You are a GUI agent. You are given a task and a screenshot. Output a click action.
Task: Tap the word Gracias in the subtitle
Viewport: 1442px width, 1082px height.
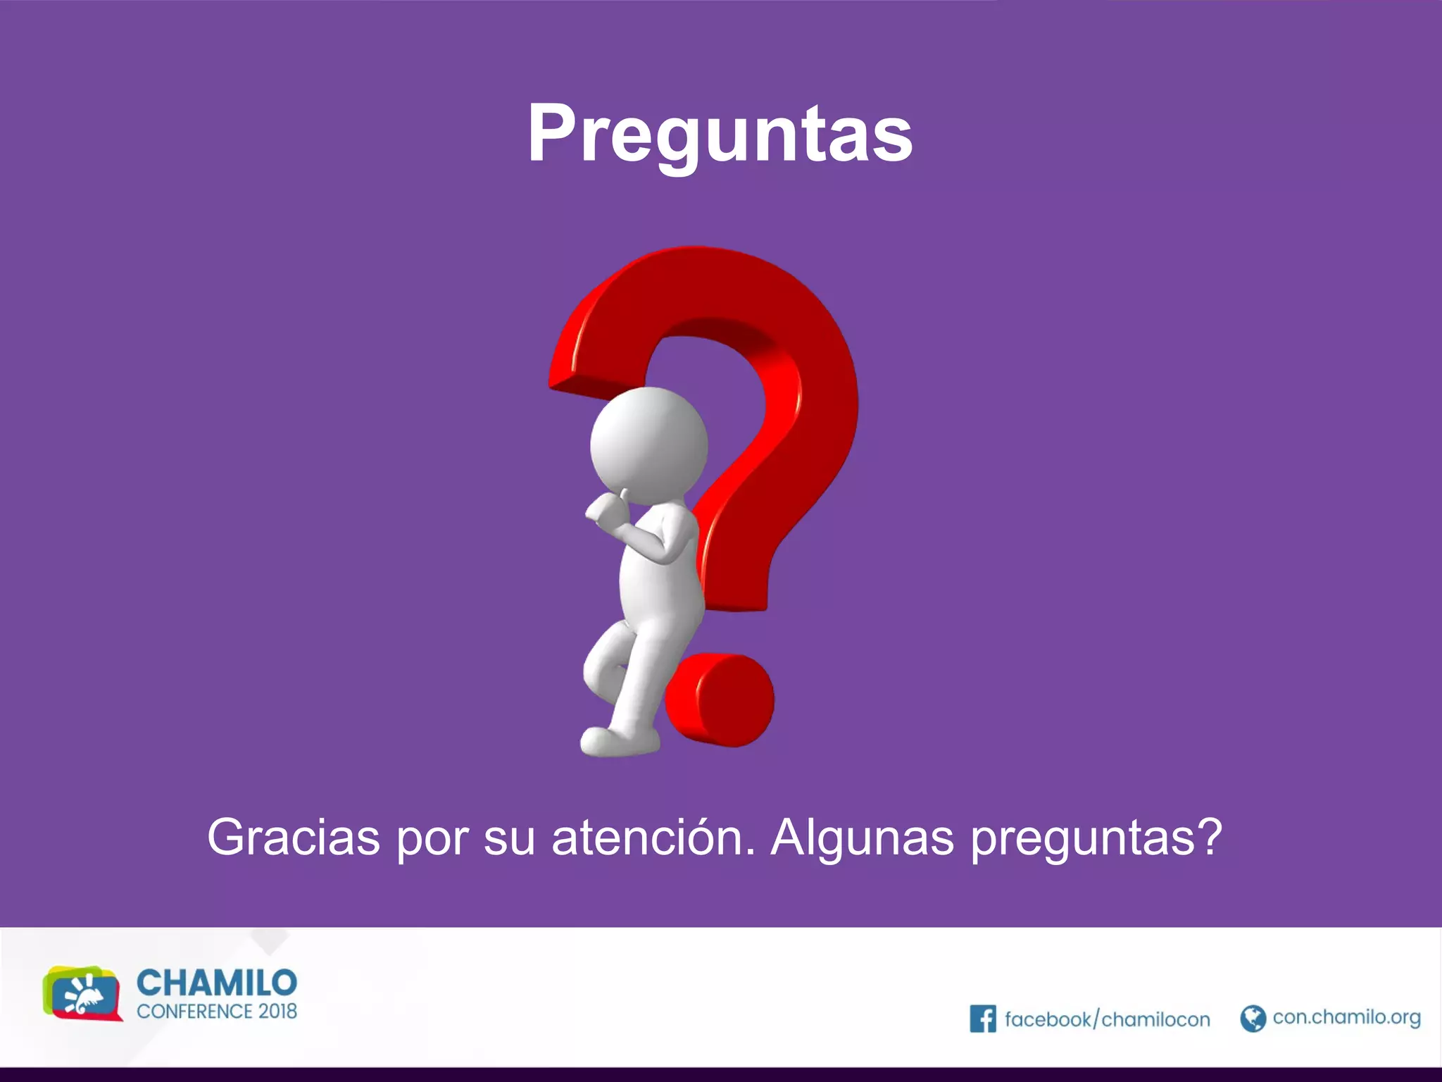pos(293,838)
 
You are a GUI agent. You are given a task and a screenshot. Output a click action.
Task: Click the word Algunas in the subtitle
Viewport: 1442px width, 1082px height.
pos(863,838)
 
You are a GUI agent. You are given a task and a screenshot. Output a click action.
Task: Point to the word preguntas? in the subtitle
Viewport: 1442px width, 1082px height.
pos(1096,839)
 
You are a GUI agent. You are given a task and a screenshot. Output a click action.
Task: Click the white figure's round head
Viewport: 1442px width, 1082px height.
pos(648,445)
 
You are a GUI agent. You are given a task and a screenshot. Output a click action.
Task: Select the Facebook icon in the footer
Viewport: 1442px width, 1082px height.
pos(982,1019)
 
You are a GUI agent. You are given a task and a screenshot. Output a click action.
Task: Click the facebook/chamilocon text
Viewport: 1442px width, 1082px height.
pos(1107,1019)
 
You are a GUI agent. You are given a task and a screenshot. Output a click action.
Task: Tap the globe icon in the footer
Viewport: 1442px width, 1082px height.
pos(1253,1018)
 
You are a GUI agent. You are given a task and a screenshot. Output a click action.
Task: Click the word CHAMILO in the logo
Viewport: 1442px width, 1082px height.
pos(217,983)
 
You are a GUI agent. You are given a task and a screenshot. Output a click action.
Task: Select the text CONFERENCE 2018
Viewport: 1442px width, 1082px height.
pos(217,1012)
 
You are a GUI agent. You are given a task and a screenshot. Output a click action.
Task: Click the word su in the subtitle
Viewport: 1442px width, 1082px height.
pos(509,838)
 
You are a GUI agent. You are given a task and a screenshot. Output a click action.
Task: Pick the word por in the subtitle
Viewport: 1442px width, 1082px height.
pos(432,839)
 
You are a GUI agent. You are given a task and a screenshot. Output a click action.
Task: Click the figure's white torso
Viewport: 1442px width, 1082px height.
pos(658,578)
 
